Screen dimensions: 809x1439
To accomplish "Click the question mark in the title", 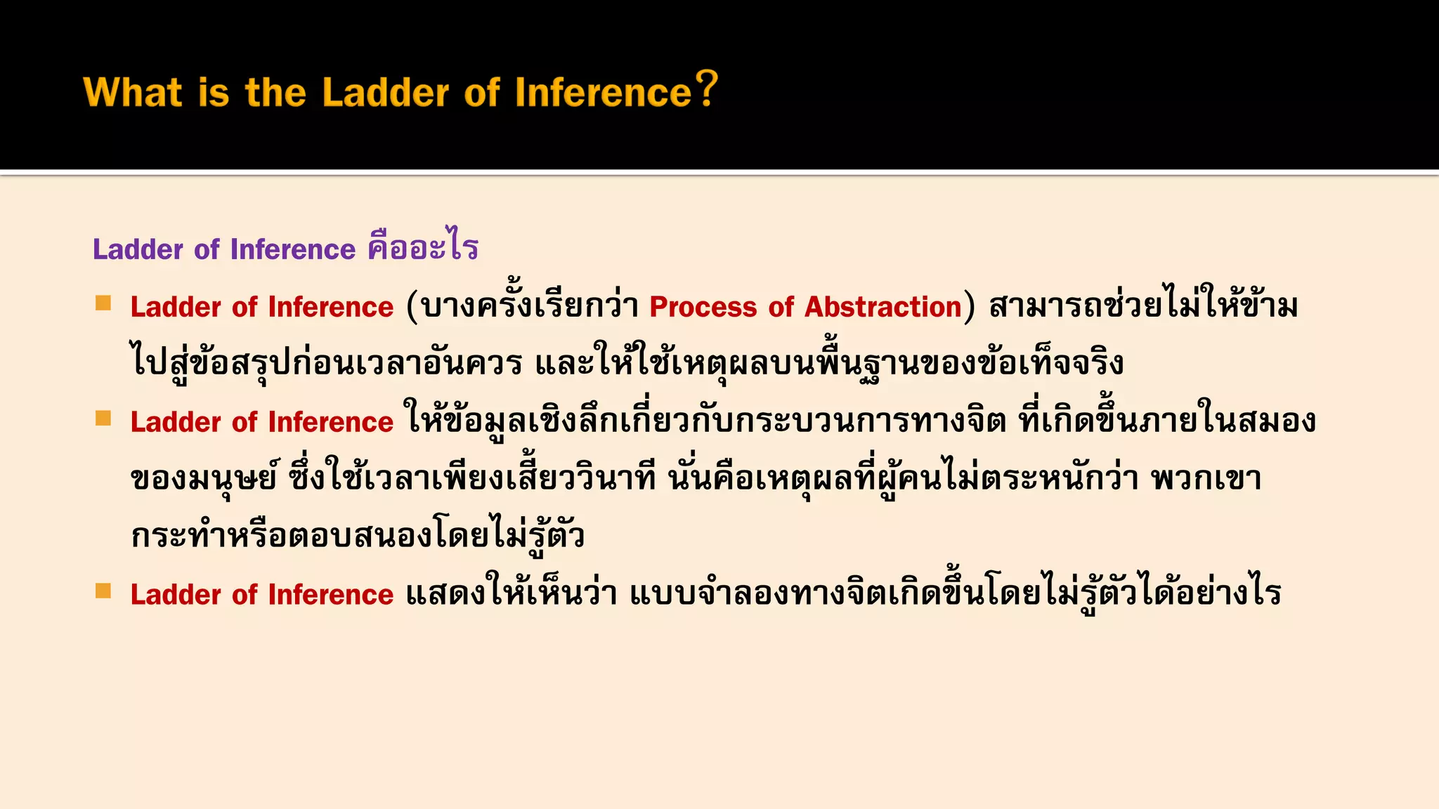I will pos(706,89).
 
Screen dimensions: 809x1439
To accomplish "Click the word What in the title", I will pos(133,93).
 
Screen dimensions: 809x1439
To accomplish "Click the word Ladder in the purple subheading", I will pos(138,249).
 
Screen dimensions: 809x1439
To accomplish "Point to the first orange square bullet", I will pos(103,303).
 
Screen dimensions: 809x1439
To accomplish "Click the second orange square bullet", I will pos(103,419).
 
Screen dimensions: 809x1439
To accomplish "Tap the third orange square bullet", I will pos(103,591).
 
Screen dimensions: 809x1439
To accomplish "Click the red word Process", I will pos(703,308).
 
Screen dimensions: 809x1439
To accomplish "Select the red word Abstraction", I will pos(883,308).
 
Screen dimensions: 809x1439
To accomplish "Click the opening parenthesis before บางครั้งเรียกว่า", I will pos(412,308).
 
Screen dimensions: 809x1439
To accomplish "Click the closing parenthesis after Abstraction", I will pos(970,308).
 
